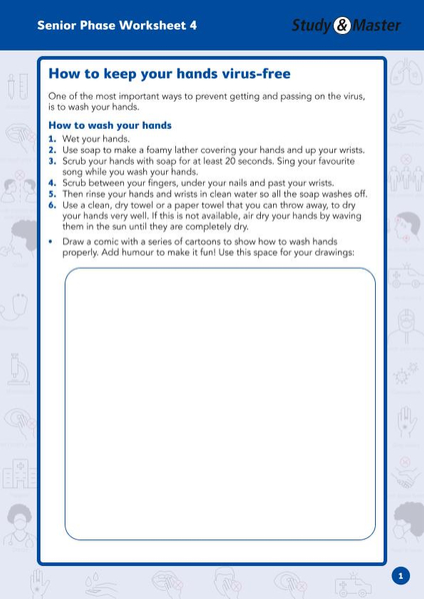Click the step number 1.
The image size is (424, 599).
[x=52, y=139]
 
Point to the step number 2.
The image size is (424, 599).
[x=52, y=150]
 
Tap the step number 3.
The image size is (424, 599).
[x=52, y=161]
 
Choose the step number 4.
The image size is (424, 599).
[x=52, y=183]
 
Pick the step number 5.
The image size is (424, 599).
[x=52, y=194]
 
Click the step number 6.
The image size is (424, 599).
[x=52, y=205]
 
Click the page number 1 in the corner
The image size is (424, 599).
[x=399, y=575]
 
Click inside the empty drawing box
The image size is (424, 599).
[x=219, y=399]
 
